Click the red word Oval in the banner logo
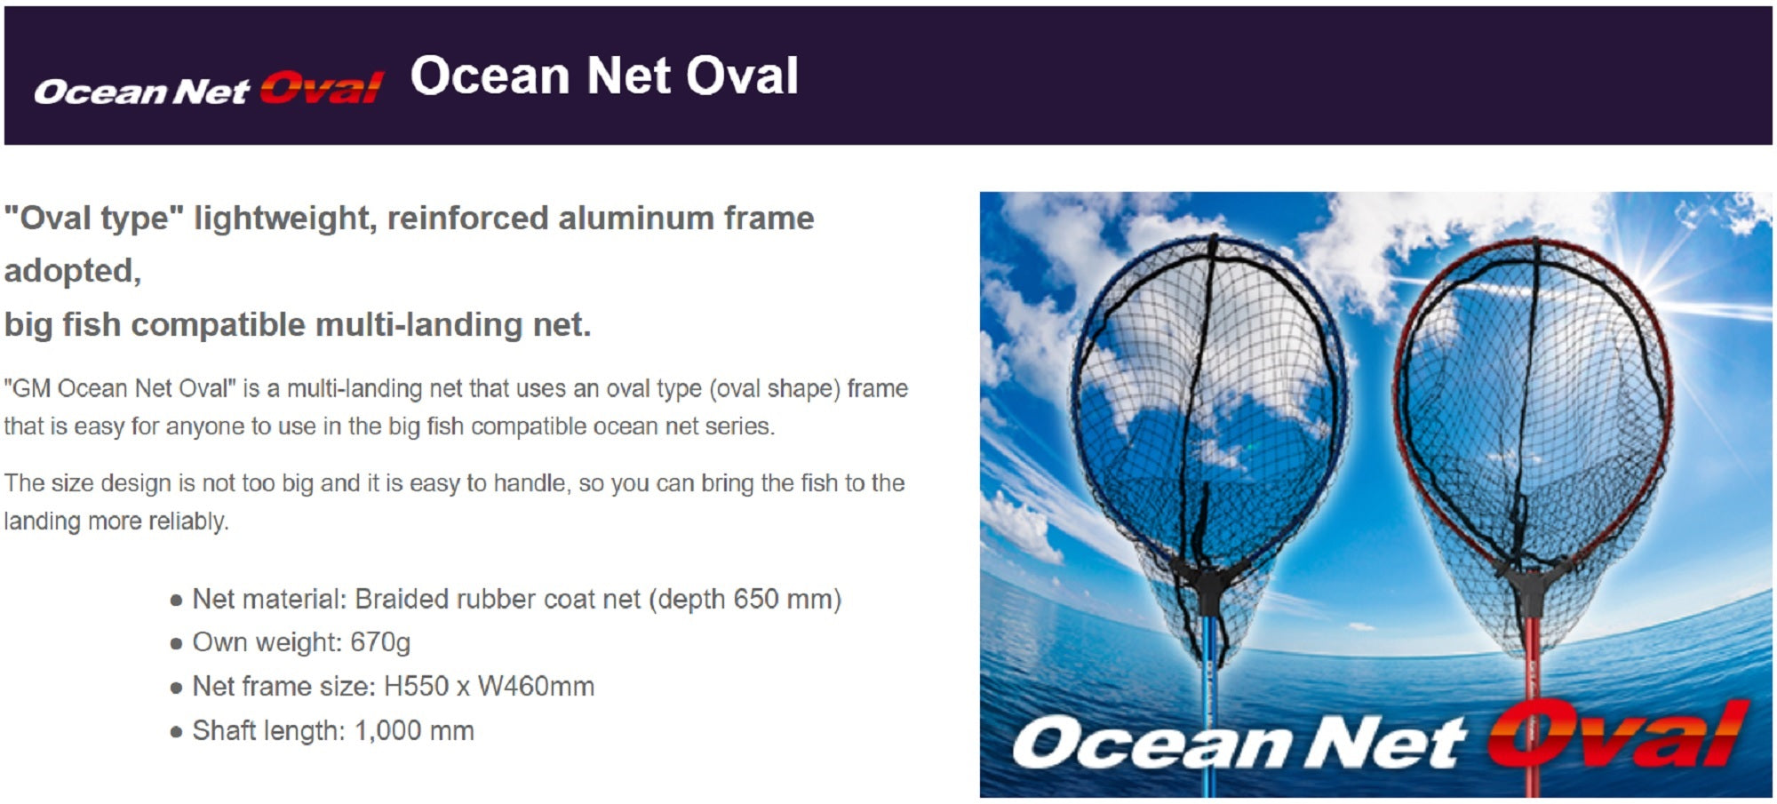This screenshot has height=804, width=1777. (x=322, y=88)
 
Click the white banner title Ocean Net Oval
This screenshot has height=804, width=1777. (x=604, y=76)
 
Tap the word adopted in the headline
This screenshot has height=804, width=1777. (x=73, y=270)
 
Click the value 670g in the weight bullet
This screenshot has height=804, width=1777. (x=380, y=642)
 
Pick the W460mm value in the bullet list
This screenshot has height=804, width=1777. (x=536, y=687)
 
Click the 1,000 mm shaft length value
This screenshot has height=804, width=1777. (x=414, y=731)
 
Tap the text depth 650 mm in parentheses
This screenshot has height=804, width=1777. (x=745, y=600)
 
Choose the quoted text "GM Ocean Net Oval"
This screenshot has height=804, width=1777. (x=120, y=389)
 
